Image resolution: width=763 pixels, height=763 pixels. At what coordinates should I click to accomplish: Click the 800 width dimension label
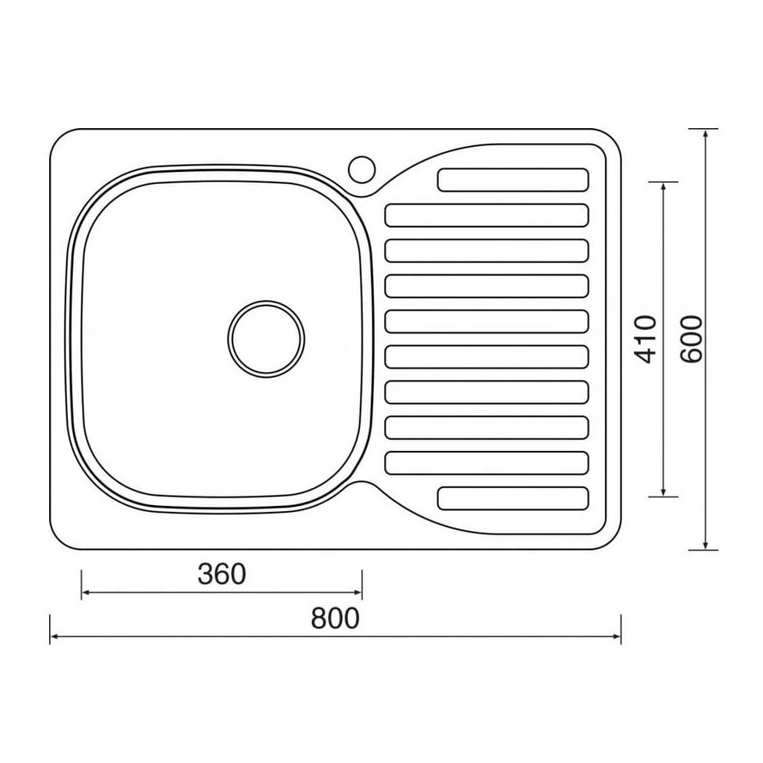[335, 618]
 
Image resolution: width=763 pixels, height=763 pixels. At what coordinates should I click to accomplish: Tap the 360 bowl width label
[222, 574]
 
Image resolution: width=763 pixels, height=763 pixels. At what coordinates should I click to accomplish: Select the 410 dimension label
[647, 339]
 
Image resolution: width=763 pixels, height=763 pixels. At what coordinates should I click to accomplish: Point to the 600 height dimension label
[691, 339]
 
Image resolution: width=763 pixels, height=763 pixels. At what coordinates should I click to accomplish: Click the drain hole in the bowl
[266, 339]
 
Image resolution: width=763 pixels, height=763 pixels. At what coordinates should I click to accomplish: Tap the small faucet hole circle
[361, 169]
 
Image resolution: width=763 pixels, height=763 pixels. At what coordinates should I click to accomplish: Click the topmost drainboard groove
[513, 180]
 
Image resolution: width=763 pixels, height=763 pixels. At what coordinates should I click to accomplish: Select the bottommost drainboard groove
[513, 498]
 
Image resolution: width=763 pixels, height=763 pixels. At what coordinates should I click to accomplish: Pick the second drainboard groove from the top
[487, 215]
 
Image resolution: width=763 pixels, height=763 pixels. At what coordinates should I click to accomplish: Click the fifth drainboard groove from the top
[487, 321]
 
